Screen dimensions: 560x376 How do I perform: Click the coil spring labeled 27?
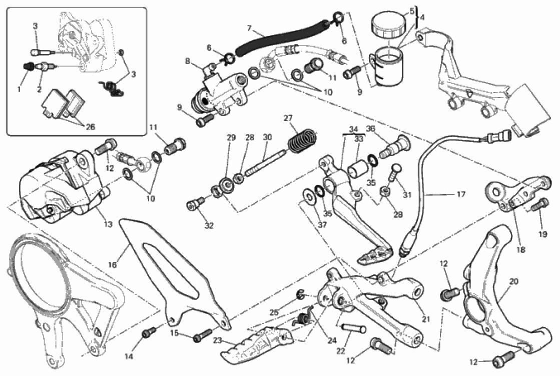[302, 141]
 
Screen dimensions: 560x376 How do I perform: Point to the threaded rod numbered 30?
[265, 164]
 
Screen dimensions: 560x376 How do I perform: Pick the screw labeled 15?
[203, 335]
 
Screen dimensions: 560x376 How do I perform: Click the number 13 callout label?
[108, 224]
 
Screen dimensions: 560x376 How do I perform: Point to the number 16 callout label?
[113, 265]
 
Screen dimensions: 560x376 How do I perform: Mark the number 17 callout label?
[461, 194]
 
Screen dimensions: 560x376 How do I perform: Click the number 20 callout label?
[513, 282]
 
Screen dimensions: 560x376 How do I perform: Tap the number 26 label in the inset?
[91, 127]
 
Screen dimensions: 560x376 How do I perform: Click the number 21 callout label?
[425, 319]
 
